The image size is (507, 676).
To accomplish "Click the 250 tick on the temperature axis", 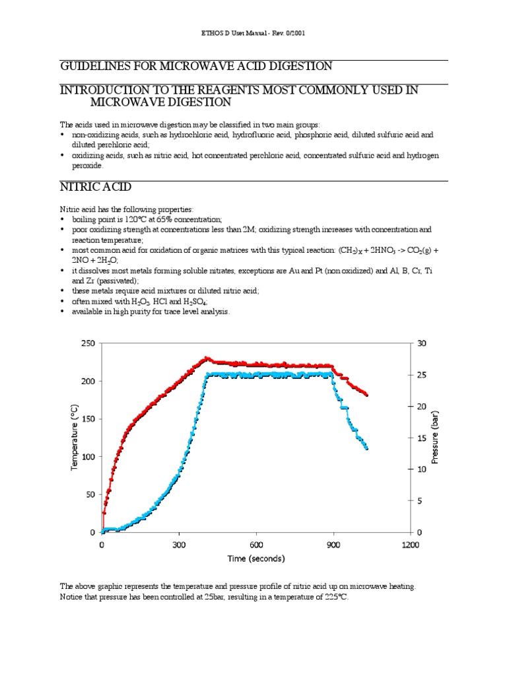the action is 88,343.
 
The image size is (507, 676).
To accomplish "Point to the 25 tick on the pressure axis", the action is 422,375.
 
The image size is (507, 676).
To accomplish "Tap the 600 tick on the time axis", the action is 256,545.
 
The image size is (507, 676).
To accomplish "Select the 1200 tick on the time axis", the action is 410,545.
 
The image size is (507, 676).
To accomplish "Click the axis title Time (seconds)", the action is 256,558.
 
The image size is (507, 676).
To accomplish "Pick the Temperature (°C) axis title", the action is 74,437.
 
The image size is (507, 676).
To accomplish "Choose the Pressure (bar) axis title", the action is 434,437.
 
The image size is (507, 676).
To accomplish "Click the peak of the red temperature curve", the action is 207,358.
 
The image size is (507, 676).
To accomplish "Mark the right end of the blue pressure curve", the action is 366,448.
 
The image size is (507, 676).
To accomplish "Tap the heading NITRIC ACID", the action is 95,187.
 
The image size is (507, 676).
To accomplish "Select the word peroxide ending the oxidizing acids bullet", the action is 87,166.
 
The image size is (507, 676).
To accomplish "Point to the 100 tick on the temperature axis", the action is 88,457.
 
